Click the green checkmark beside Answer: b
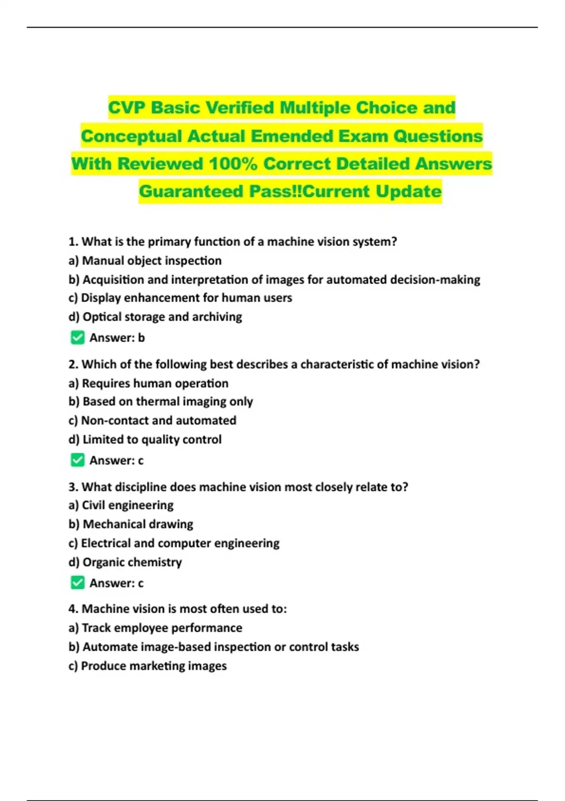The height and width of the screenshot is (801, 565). (x=78, y=338)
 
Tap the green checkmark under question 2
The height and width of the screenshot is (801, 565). (x=78, y=460)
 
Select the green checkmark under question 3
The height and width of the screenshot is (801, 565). (x=78, y=583)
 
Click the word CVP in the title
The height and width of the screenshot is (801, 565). (x=127, y=108)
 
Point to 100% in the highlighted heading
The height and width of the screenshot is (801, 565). (x=233, y=164)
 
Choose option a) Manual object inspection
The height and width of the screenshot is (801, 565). (x=145, y=261)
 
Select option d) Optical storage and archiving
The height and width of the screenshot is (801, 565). (x=155, y=317)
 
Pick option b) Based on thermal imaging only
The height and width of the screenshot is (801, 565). (x=161, y=401)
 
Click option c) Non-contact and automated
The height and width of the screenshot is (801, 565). (x=152, y=420)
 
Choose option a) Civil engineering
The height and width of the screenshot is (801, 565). (x=121, y=505)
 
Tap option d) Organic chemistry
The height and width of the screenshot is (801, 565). (x=125, y=562)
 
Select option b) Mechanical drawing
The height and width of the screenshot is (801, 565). (x=131, y=524)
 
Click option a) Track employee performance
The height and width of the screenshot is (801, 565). (x=155, y=628)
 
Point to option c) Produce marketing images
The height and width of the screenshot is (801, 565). (x=147, y=666)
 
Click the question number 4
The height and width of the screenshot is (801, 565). (x=73, y=609)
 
